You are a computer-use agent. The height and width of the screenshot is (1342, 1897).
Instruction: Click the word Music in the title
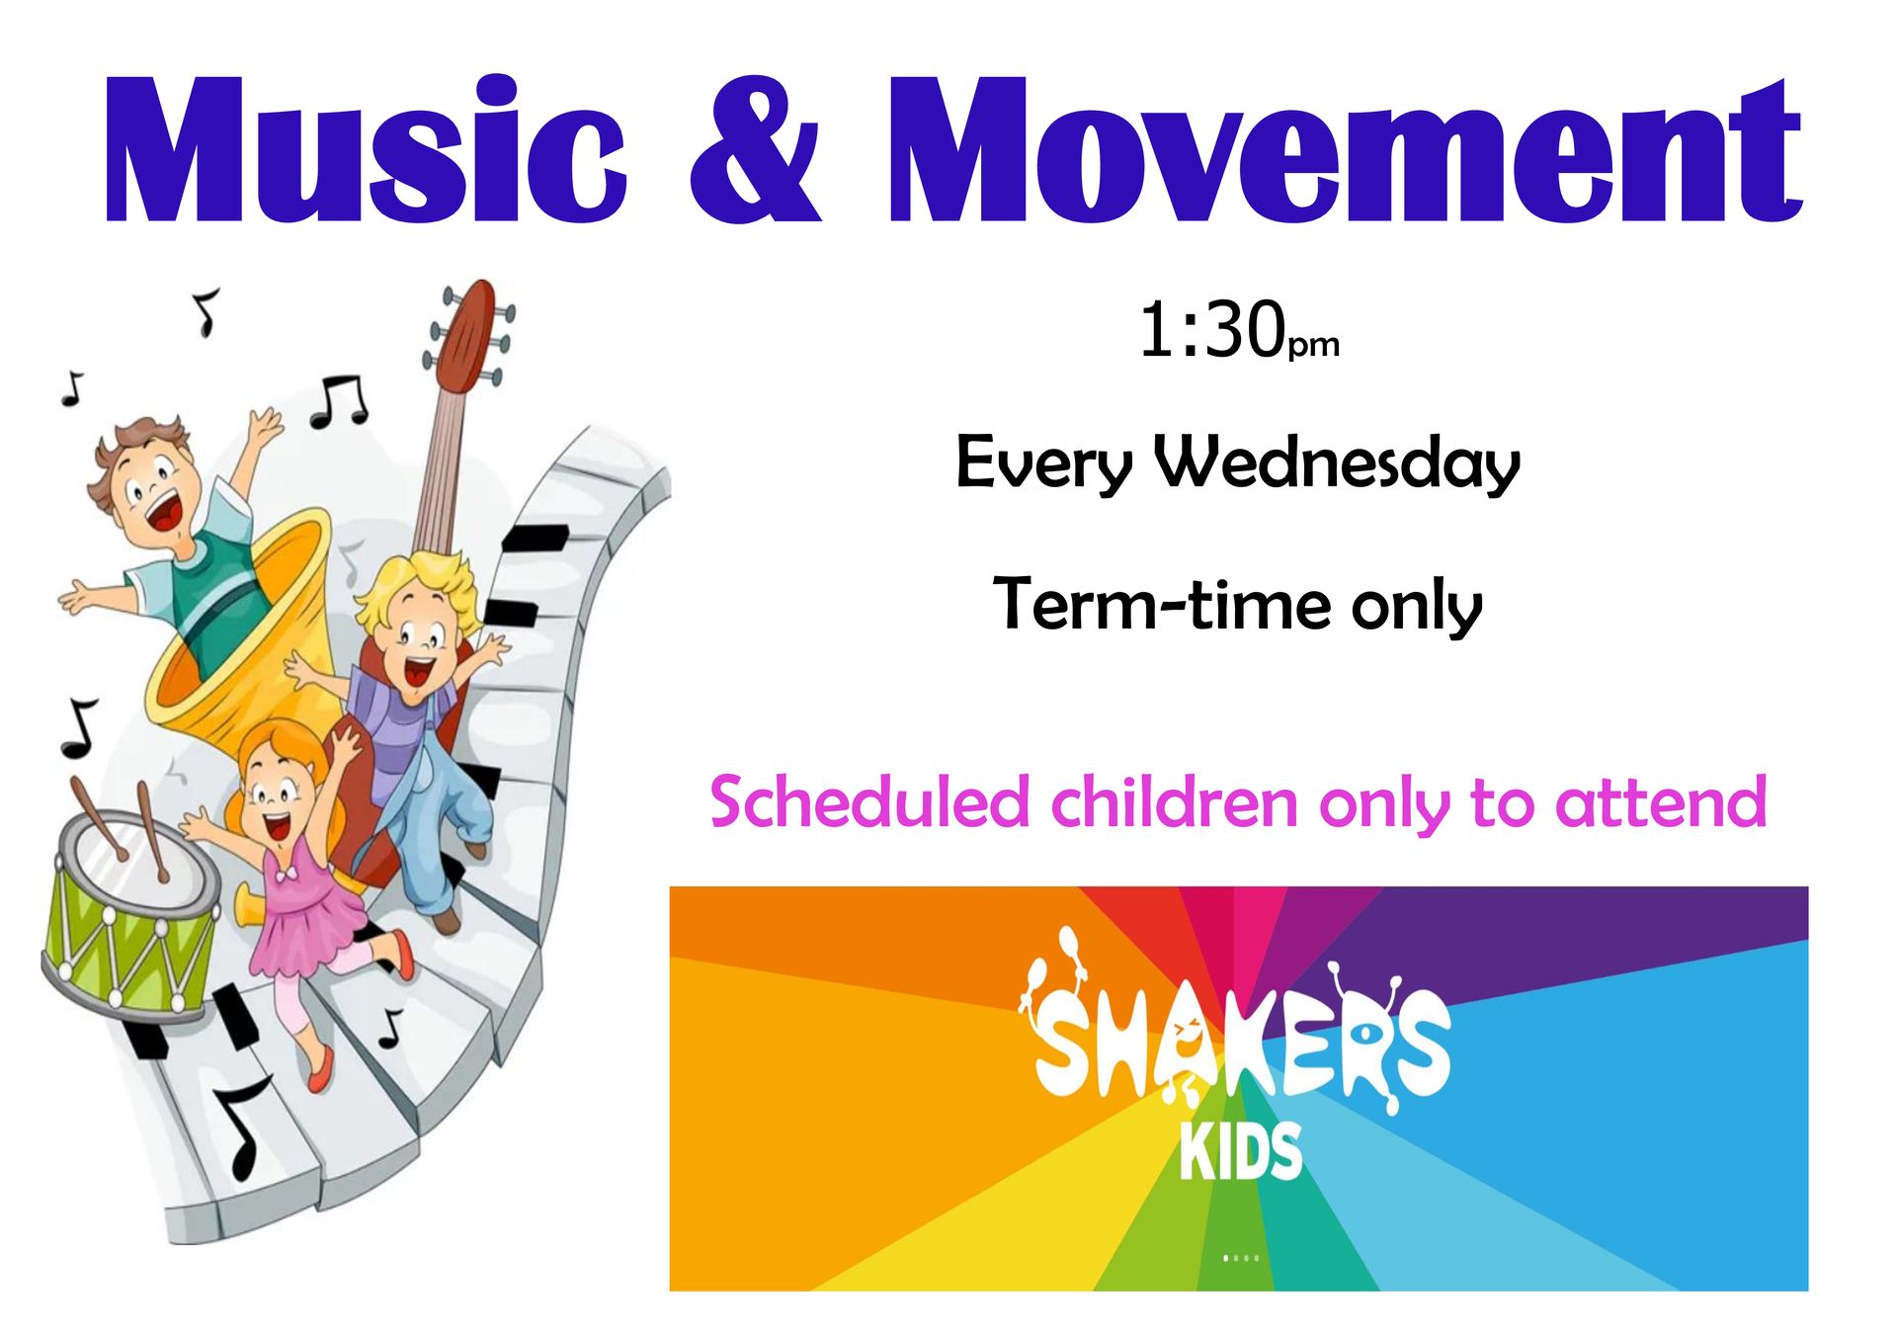[x=365, y=150]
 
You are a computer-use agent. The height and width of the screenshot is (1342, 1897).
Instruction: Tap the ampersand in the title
[x=756, y=150]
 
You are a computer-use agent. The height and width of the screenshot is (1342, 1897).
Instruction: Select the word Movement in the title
[x=1346, y=150]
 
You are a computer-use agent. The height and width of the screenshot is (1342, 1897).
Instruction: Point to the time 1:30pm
[x=1239, y=330]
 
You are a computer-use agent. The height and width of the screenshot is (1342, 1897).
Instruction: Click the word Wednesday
[x=1338, y=462]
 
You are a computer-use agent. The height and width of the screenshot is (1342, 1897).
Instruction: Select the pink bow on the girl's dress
[x=287, y=876]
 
